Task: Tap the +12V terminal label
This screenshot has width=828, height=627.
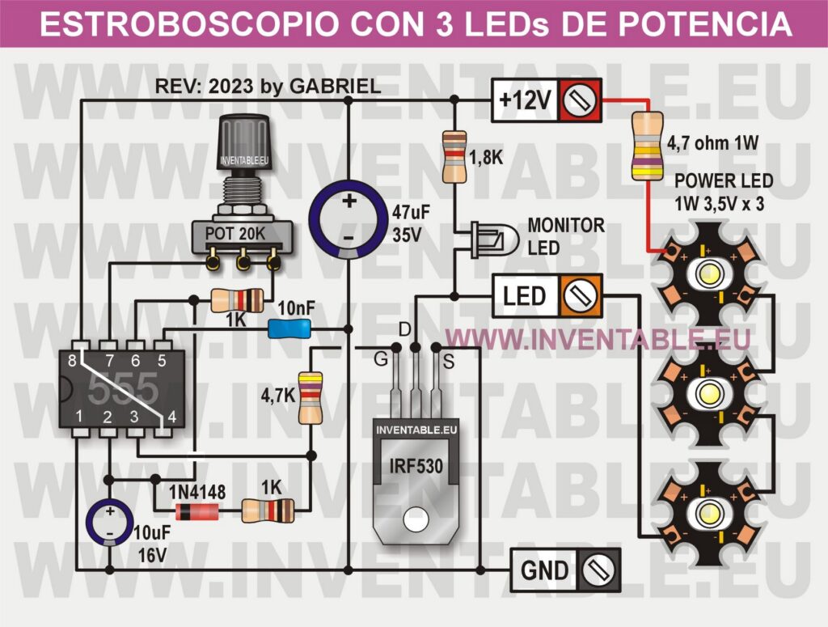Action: tap(526, 100)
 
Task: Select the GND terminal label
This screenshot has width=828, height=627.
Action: tap(545, 570)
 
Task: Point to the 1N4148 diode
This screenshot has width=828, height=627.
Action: tap(196, 510)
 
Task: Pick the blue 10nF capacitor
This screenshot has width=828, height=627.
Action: tap(289, 328)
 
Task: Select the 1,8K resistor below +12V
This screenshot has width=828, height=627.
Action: tap(454, 156)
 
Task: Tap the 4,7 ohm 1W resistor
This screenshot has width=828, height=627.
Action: tap(644, 145)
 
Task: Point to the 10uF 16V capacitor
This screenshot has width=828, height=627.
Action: tap(108, 522)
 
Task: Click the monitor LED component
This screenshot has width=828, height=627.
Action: tap(490, 239)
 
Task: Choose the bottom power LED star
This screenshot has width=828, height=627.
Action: tap(703, 510)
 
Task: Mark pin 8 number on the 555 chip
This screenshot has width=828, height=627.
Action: tap(74, 360)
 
